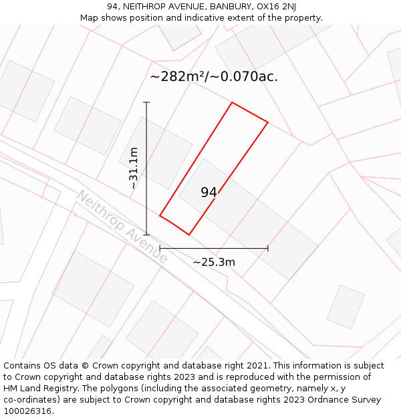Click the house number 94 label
209,193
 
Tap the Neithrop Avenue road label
122,226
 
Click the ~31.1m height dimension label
134,169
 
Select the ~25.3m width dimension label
214,262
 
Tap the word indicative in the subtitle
200,18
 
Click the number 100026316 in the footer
27,411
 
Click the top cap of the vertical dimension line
146,102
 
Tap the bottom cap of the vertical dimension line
146,235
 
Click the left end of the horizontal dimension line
160,248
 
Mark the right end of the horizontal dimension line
268,248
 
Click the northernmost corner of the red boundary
232,102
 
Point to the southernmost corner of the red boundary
189,235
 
